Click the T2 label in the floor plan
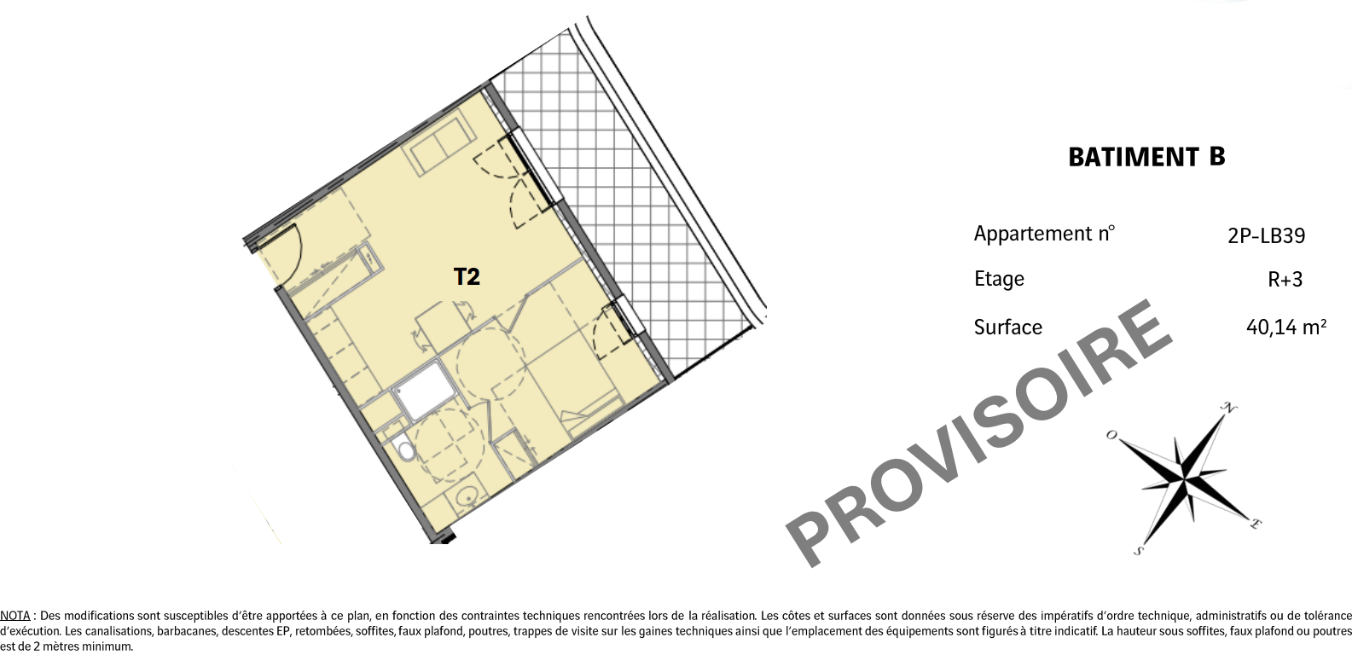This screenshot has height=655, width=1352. pyautogui.click(x=467, y=276)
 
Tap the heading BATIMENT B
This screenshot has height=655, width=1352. pyautogui.click(x=1146, y=157)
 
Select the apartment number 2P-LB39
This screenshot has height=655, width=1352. pyautogui.click(x=1267, y=235)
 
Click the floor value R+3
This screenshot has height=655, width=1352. pyautogui.click(x=1285, y=280)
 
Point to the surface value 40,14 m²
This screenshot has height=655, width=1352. pyautogui.click(x=1286, y=327)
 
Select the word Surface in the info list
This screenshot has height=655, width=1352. pyautogui.click(x=1008, y=327)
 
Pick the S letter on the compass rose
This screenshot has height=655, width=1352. pyautogui.click(x=1139, y=551)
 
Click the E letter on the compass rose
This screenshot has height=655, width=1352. pyautogui.click(x=1256, y=524)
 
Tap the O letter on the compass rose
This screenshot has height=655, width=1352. pyautogui.click(x=1111, y=435)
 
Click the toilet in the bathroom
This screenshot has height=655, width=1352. pyautogui.click(x=403, y=449)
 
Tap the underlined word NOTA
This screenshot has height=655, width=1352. pyautogui.click(x=15, y=616)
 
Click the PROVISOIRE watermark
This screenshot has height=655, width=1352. pyautogui.click(x=978, y=433)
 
